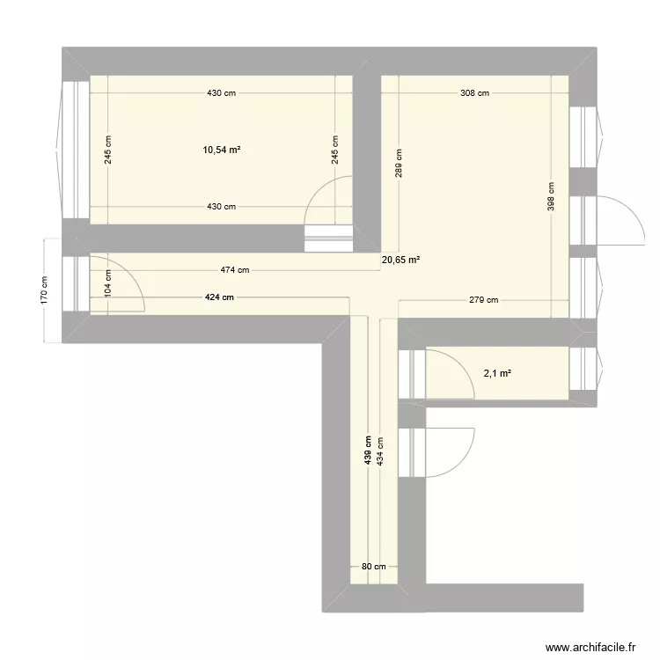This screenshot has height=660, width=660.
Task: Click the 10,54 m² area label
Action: [x=222, y=150]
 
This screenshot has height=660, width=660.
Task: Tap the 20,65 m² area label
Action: [x=400, y=260]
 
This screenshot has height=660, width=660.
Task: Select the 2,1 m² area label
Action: [x=497, y=373]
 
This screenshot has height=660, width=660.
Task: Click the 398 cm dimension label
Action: [x=552, y=198]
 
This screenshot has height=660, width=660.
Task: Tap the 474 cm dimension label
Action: [x=234, y=271]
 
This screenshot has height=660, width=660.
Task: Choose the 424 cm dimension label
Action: [x=220, y=297]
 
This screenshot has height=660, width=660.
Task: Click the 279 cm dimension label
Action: [x=481, y=300]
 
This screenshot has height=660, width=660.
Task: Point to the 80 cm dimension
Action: [x=374, y=567]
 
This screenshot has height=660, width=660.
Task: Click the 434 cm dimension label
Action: [x=380, y=454]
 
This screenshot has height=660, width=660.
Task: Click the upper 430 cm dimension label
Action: [x=222, y=93]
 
